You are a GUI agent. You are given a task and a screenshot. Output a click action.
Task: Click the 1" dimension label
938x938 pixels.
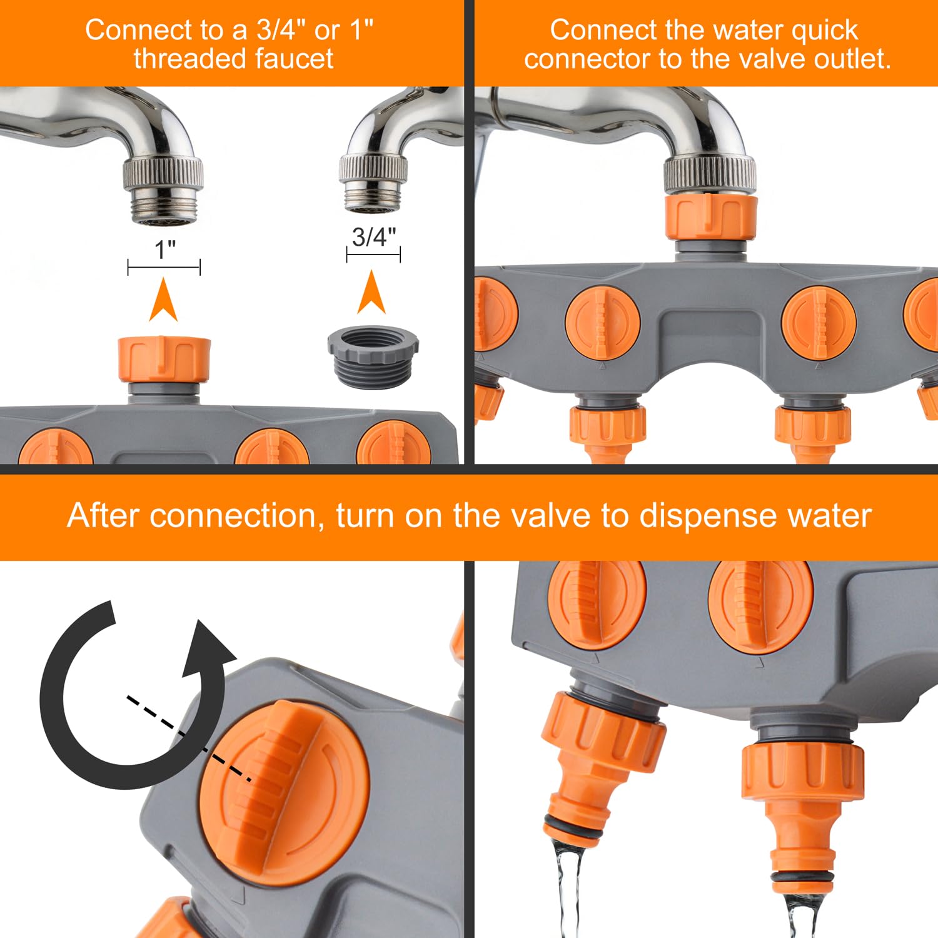pyautogui.click(x=165, y=250)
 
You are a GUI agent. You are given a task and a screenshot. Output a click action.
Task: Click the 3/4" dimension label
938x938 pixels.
pyautogui.click(x=373, y=237)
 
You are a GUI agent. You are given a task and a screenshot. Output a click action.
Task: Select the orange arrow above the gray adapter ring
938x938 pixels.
pyautogui.click(x=371, y=292)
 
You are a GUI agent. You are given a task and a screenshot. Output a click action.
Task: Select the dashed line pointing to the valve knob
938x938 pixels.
pyautogui.click(x=189, y=739)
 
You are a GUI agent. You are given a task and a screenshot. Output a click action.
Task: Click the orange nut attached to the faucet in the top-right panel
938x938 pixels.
pyautogui.click(x=710, y=217)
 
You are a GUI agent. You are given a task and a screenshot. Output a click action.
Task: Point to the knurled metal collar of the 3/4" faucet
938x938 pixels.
pyautogui.click(x=373, y=169)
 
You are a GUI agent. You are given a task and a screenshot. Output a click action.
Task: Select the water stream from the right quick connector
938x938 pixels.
pyautogui.click(x=802, y=914)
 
